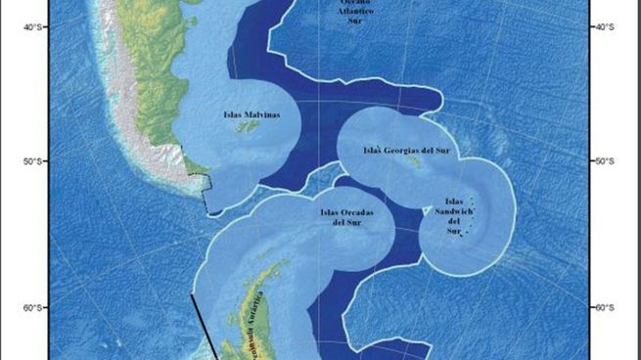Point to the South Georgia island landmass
click(415, 163)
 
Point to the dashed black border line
click(203, 186)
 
